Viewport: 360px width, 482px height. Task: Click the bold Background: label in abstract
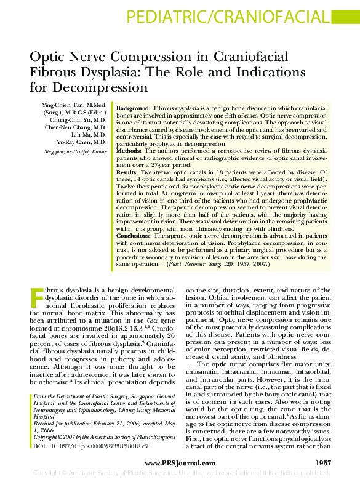(x=134, y=108)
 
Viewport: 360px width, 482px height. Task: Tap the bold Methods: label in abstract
(x=130, y=150)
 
